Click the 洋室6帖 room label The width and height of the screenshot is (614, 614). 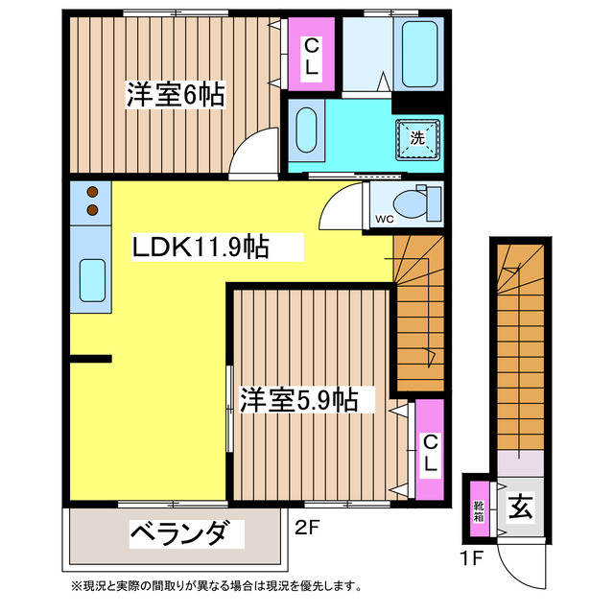click(x=176, y=95)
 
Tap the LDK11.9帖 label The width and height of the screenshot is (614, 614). click(x=200, y=248)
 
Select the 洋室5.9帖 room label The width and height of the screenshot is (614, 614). click(x=298, y=399)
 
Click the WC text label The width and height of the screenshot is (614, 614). click(x=384, y=219)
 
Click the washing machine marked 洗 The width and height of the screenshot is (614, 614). click(x=417, y=138)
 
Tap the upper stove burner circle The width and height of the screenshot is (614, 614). click(x=93, y=191)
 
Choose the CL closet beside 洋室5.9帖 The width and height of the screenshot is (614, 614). click(x=430, y=452)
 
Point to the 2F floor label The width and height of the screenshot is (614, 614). click(x=306, y=526)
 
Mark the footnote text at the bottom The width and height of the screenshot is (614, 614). click(x=216, y=586)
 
